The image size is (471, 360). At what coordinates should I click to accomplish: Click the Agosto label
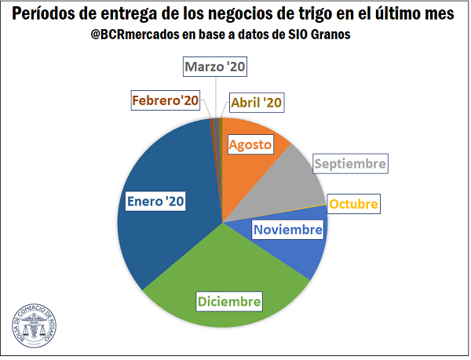[251, 144]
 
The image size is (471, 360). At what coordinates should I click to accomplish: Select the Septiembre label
[350, 164]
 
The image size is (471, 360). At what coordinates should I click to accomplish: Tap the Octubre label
[353, 205]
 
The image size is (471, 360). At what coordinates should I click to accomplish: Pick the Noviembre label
[287, 230]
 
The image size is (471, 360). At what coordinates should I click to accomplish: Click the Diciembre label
[229, 301]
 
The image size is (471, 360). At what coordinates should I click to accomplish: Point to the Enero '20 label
[155, 202]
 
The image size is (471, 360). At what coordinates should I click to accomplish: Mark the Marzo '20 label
[216, 67]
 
